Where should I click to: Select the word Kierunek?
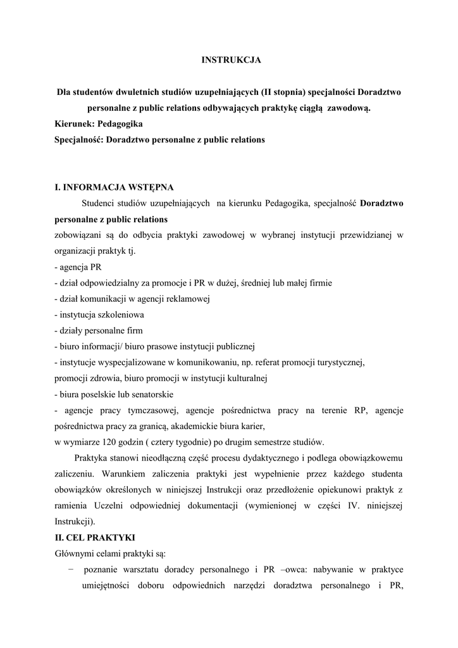pyautogui.click(x=74, y=124)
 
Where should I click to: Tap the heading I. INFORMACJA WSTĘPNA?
pyautogui.click(x=114, y=187)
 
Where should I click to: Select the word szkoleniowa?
pyautogui.click(x=122, y=315)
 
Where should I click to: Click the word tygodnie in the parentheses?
pyautogui.click(x=191, y=440)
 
